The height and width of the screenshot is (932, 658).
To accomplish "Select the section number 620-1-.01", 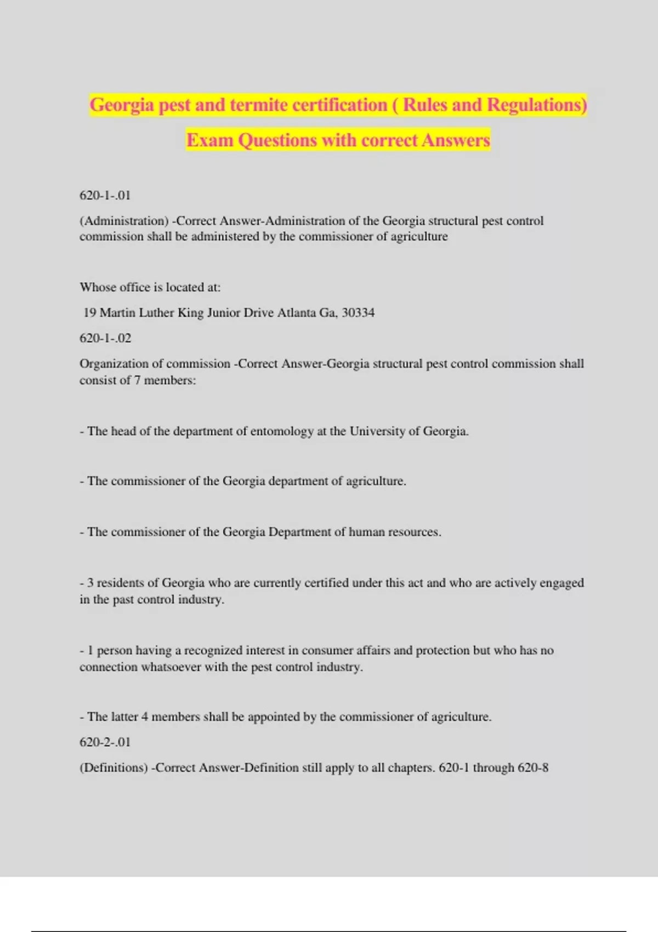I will pyautogui.click(x=105, y=195).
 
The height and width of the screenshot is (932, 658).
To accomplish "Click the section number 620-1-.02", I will pyautogui.click(x=105, y=338).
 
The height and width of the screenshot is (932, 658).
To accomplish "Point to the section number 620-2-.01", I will pyautogui.click(x=105, y=742).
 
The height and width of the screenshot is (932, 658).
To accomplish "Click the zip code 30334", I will pyautogui.click(x=358, y=312).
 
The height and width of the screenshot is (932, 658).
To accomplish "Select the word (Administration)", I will pyautogui.click(x=124, y=221).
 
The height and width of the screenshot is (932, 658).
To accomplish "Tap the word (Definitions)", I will pyautogui.click(x=114, y=768).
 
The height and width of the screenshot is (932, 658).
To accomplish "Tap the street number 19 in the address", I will pyautogui.click(x=90, y=312).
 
